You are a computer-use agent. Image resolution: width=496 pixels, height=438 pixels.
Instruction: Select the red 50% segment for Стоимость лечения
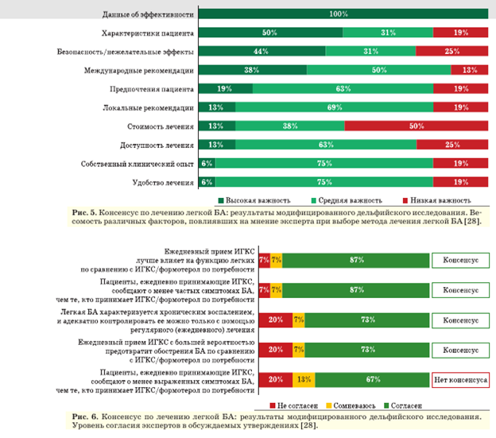point(410,126)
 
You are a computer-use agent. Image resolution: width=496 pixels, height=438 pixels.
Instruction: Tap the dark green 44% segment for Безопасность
point(261,51)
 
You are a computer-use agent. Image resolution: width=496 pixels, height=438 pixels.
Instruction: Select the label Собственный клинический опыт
point(137,163)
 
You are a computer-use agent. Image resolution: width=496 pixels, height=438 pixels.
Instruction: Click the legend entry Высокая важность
point(253,200)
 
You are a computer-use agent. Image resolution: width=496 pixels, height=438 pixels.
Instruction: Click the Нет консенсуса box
point(460,380)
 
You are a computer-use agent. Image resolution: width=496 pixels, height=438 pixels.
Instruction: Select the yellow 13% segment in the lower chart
point(304,380)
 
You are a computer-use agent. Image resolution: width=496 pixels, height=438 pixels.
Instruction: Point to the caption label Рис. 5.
point(82,213)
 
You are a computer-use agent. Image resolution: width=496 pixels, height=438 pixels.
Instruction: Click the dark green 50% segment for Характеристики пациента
point(269,33)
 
